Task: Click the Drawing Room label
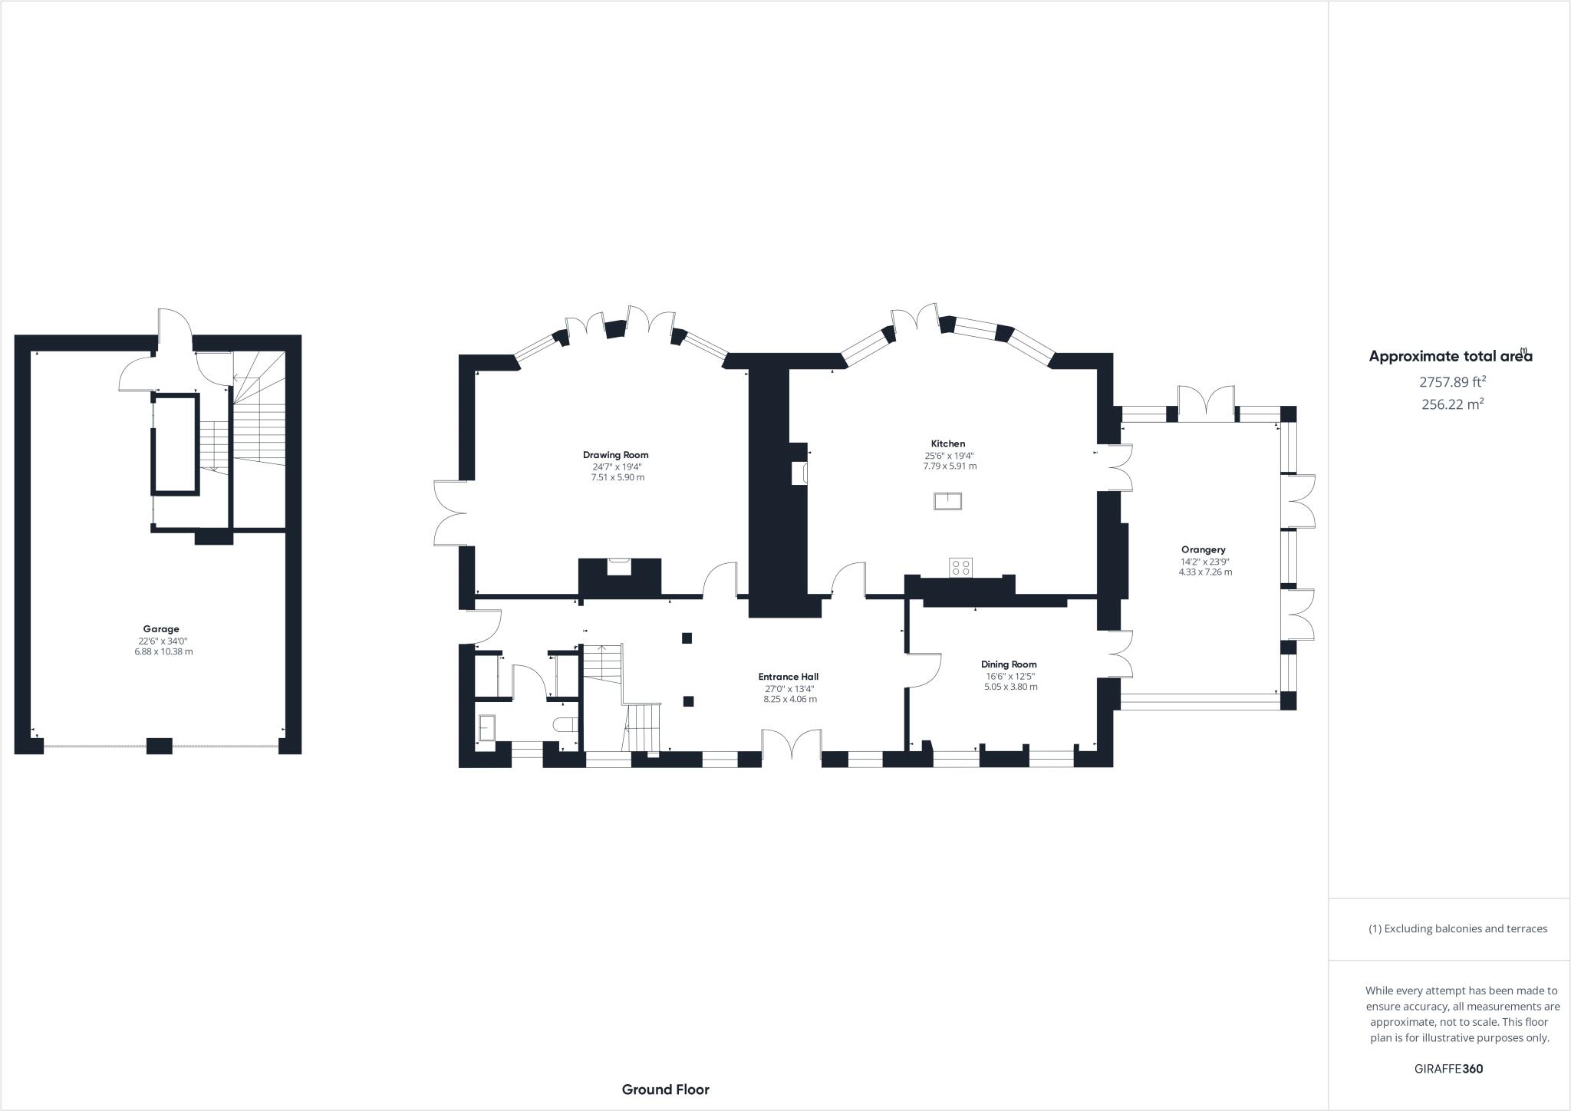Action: click(615, 455)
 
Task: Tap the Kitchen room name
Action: click(948, 443)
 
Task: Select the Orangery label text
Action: click(1204, 549)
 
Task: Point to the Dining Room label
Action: click(1009, 664)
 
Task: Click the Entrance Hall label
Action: click(788, 677)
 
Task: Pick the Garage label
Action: click(161, 629)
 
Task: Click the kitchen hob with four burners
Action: click(961, 567)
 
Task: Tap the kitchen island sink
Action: click(948, 501)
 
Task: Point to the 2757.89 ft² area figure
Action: click(1453, 381)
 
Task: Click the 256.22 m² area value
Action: click(1453, 404)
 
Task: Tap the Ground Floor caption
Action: click(666, 1090)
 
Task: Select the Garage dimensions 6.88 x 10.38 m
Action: click(163, 651)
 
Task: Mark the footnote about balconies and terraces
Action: click(1457, 928)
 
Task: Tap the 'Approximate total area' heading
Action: click(1451, 356)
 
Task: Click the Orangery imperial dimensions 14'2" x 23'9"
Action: click(1205, 561)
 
